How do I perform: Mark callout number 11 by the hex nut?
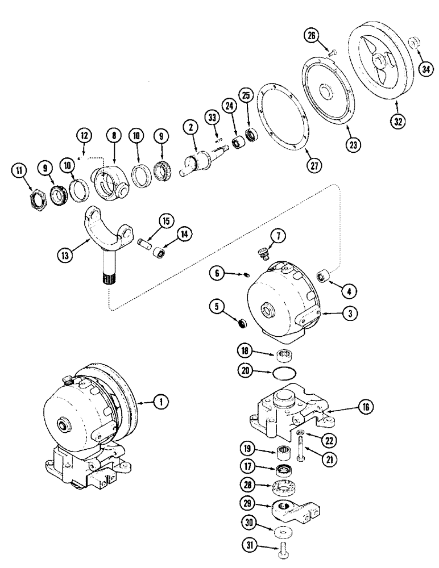pyautogui.click(x=20, y=169)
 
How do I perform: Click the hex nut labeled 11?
pyautogui.click(x=38, y=199)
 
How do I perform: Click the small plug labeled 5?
pyautogui.click(x=243, y=324)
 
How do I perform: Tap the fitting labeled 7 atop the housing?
pyautogui.click(x=263, y=251)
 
